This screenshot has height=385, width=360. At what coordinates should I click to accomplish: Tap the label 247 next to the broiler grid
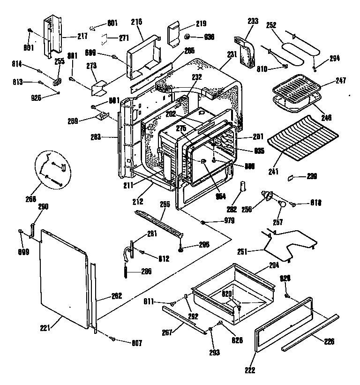click(x=340, y=81)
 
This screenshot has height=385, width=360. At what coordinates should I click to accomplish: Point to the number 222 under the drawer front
click(x=250, y=370)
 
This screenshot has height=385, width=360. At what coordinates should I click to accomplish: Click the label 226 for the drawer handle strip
click(x=330, y=341)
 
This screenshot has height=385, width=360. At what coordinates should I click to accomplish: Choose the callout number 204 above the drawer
click(x=274, y=264)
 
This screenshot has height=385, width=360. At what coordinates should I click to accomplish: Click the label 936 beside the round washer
click(x=208, y=37)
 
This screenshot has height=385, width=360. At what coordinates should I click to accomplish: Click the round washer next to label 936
click(x=187, y=37)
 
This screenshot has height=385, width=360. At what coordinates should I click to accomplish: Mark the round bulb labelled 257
click(x=282, y=204)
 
